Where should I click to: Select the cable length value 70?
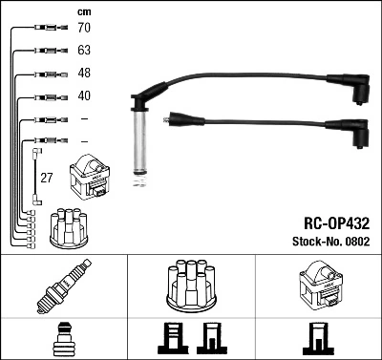(x=84, y=29)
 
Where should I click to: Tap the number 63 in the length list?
(x=84, y=52)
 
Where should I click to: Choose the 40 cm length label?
(x=84, y=96)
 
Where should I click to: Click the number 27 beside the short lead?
(x=46, y=178)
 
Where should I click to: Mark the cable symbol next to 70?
(x=45, y=29)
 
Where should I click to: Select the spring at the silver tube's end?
(x=140, y=172)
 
